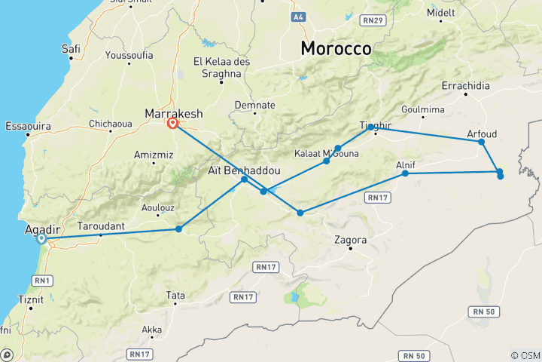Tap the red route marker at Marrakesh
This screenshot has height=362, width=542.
coord(173,124)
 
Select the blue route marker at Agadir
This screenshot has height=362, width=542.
coord(42,238)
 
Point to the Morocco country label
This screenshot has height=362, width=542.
coord(336,48)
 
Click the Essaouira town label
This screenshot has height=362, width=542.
coord(27,125)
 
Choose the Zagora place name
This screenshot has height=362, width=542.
coord(351,240)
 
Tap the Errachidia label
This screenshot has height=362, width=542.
coord(465,84)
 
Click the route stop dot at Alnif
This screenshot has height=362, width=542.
coord(405,173)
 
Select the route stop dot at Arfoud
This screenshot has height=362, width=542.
coord(481,142)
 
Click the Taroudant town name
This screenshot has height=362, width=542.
coord(100,225)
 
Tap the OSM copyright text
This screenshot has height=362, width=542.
coord(525,355)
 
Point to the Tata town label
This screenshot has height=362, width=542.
coord(175,296)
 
